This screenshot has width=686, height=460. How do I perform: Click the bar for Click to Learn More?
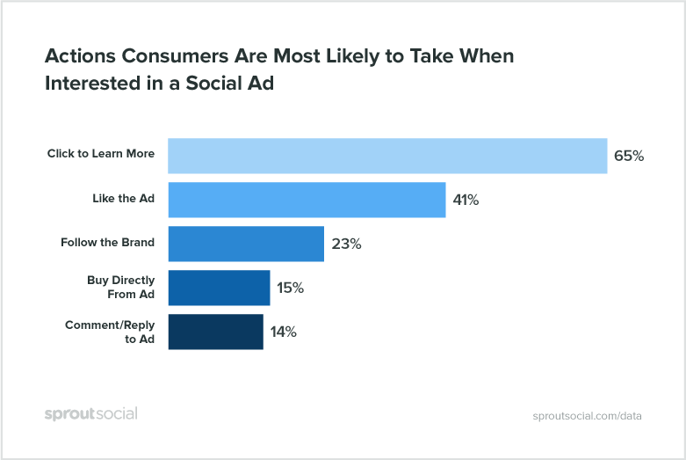(x=386, y=156)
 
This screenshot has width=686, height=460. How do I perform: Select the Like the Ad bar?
(x=306, y=200)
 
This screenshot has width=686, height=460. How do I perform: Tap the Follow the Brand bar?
(x=245, y=244)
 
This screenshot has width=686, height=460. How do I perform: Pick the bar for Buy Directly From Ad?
(x=218, y=288)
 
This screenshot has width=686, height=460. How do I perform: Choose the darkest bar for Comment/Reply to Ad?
(x=215, y=332)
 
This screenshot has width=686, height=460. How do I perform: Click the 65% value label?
(x=629, y=156)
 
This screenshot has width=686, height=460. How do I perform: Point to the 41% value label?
(x=466, y=200)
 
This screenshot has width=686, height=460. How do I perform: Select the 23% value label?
(x=345, y=244)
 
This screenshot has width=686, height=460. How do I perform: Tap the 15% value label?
(x=291, y=288)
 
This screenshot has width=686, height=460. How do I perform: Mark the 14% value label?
(x=284, y=332)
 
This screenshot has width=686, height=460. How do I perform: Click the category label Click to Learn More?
(x=101, y=154)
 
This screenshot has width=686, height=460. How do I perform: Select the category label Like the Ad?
(x=123, y=199)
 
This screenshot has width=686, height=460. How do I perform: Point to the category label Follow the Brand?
(x=107, y=243)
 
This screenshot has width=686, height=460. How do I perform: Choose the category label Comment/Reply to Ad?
(x=110, y=332)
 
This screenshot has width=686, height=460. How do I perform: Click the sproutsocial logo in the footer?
(x=90, y=413)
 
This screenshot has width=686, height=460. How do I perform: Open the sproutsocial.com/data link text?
(x=587, y=415)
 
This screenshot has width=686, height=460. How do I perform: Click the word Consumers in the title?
(x=173, y=55)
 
